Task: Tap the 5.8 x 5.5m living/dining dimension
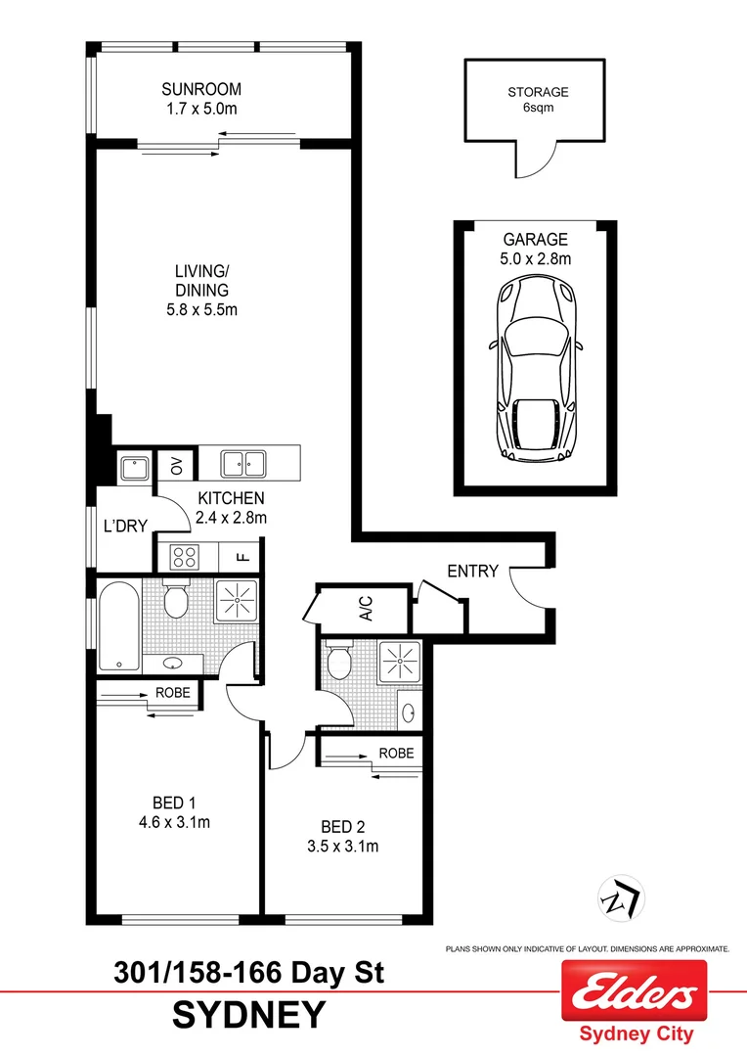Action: click(203, 309)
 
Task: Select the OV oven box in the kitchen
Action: click(177, 465)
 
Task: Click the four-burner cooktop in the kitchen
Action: click(184, 556)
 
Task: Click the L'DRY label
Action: click(125, 527)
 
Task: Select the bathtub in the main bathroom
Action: click(119, 627)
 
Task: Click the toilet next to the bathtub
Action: click(177, 600)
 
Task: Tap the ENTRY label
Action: click(472, 571)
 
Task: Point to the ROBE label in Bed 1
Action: click(172, 693)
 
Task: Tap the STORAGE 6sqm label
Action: click(537, 100)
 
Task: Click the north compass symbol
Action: click(618, 896)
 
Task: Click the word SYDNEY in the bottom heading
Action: click(247, 1015)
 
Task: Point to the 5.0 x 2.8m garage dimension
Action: click(536, 258)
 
